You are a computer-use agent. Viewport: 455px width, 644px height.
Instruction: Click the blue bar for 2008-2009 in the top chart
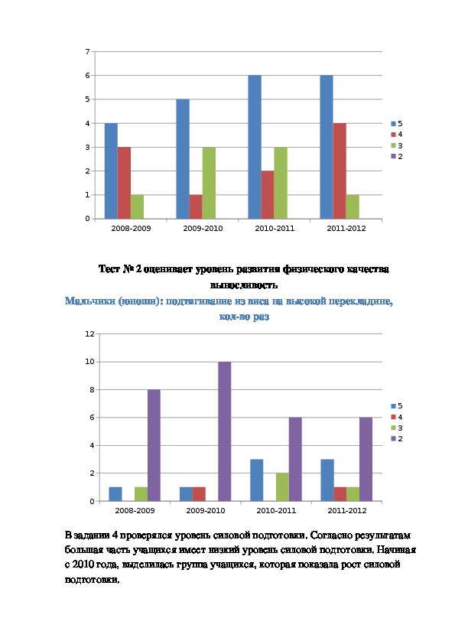pos(111,171)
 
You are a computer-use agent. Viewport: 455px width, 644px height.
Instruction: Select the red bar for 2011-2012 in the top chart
pos(340,171)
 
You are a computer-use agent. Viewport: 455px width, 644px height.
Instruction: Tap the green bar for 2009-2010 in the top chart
pos(209,183)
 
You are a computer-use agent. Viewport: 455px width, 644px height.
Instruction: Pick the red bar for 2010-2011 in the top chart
pos(268,195)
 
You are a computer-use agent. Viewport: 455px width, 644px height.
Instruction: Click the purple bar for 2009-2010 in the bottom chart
pos(224,431)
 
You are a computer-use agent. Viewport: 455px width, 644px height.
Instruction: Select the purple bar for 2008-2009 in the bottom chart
pos(154,445)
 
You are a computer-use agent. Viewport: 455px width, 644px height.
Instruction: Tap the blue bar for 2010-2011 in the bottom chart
pos(257,480)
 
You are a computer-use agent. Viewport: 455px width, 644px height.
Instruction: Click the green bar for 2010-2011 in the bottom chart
pos(282,487)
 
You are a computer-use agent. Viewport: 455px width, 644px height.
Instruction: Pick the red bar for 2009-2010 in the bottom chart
pos(199,494)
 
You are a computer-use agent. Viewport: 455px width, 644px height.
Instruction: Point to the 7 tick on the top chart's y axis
pos(87,52)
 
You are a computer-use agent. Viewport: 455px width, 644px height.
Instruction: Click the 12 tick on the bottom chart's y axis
pos(89,334)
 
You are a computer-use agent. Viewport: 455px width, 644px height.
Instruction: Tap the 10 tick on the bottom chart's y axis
pos(89,362)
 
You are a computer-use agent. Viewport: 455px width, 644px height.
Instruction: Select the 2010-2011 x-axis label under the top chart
pos(275,229)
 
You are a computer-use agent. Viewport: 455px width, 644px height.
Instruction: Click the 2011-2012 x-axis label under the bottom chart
pos(347,510)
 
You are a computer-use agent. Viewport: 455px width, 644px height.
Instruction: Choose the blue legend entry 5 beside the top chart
pos(397,124)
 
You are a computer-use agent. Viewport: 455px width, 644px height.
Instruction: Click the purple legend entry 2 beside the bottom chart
pos(397,439)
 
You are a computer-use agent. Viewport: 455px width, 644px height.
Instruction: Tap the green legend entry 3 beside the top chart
pos(397,145)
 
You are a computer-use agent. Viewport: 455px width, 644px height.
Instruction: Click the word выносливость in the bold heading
pos(244,285)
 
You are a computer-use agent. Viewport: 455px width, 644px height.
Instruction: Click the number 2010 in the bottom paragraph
pos(83,564)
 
